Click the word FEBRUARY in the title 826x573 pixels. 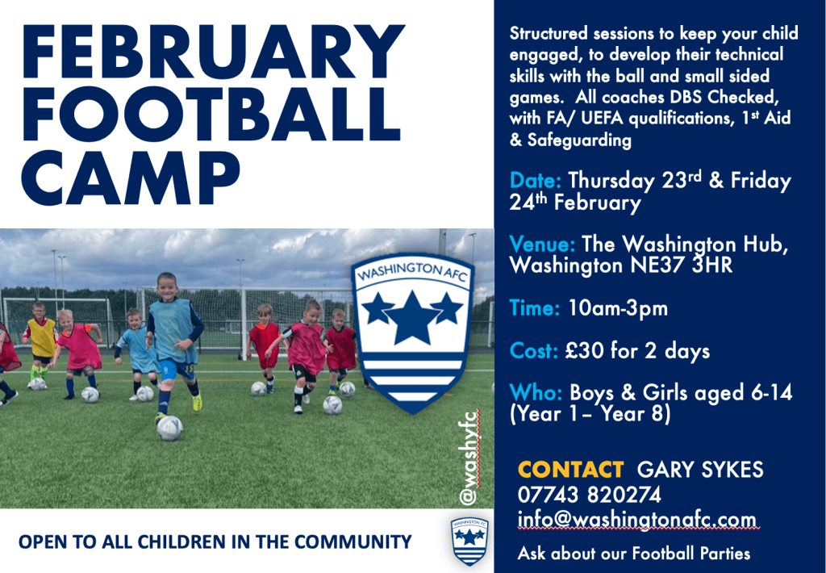213,52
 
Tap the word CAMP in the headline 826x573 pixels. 131,178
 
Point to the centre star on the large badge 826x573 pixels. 412,317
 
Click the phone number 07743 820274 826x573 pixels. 589,495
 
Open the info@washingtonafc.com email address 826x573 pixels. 637,520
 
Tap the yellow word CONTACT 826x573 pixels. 570,469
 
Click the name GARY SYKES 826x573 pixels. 700,469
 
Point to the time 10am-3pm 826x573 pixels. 617,308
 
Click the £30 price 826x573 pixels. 585,350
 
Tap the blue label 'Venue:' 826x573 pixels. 542,244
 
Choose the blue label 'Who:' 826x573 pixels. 536,393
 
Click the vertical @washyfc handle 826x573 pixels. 468,458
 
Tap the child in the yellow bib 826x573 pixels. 41,343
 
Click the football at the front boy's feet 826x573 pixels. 169,428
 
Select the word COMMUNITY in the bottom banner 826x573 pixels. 353,542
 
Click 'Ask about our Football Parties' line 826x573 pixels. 634,554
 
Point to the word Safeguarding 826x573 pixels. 579,140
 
